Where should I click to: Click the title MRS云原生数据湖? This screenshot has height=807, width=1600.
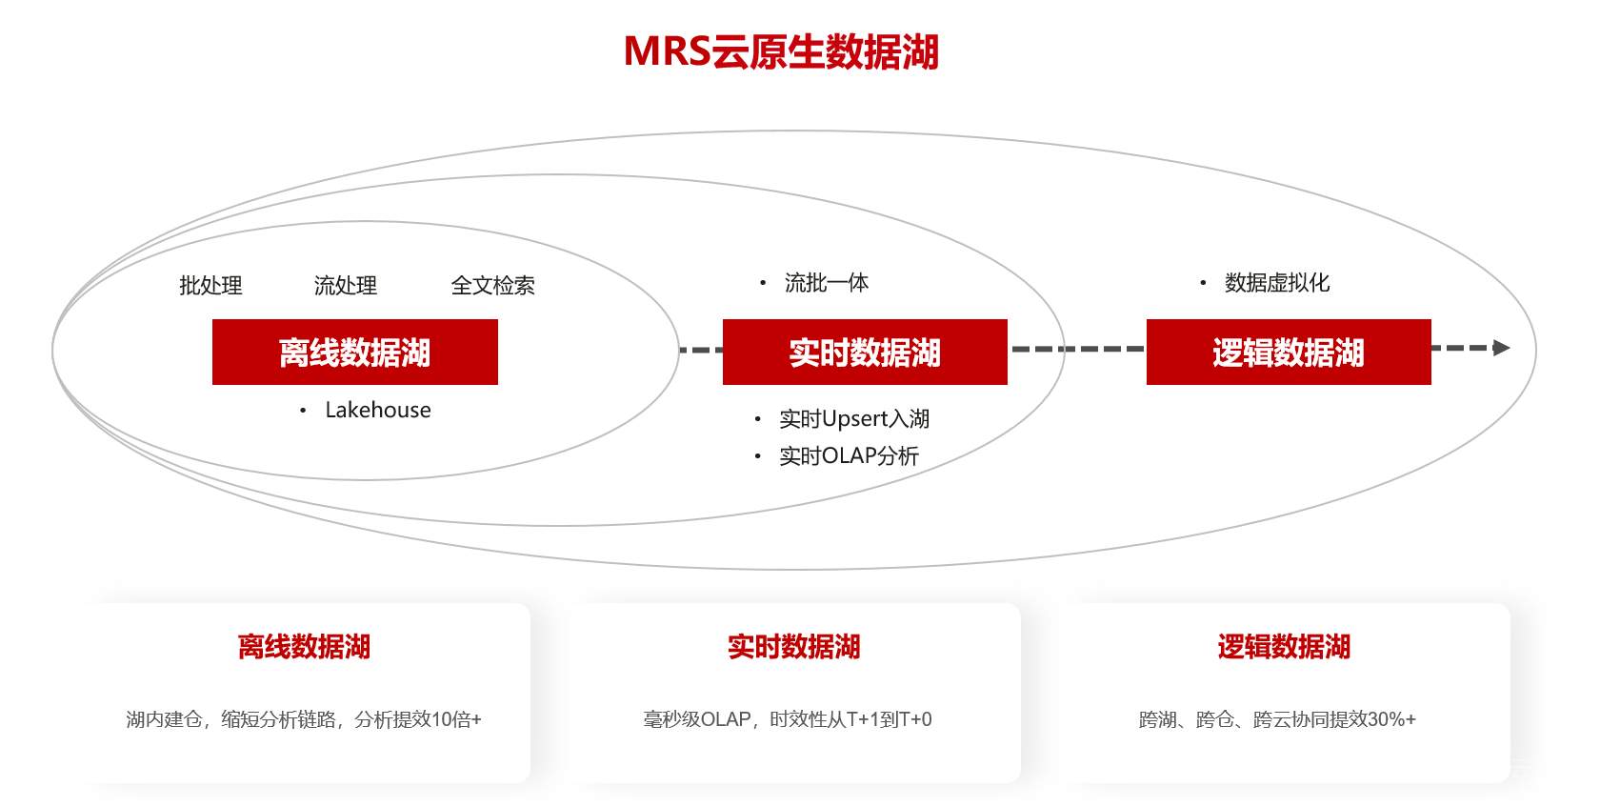[781, 51]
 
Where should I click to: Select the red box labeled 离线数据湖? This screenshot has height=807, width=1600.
[354, 353]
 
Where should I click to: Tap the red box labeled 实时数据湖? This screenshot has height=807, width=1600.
[865, 353]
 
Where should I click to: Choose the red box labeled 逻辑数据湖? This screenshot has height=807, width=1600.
[1288, 353]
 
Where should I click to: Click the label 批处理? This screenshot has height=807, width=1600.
[210, 286]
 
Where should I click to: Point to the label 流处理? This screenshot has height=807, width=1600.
[346, 286]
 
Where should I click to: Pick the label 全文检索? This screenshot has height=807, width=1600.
[492, 286]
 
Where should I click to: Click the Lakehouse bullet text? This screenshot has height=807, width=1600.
[377, 410]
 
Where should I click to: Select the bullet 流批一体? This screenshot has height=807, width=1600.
[826, 283]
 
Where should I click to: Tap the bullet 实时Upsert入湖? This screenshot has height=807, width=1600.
[853, 419]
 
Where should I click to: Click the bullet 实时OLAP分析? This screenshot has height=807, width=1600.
[849, 456]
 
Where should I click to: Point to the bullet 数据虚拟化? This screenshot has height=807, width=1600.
[1276, 283]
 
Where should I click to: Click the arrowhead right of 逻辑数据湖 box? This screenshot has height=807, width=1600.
[1502, 348]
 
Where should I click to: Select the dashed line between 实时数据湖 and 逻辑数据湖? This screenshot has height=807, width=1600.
[1076, 349]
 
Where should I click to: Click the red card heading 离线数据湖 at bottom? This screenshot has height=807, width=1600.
[304, 647]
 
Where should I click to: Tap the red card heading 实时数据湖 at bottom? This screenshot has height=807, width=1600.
[793, 647]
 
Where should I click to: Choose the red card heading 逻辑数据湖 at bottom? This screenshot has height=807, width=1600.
[1283, 647]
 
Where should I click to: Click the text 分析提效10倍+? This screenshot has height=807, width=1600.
[418, 719]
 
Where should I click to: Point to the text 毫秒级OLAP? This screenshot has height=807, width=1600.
[697, 719]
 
